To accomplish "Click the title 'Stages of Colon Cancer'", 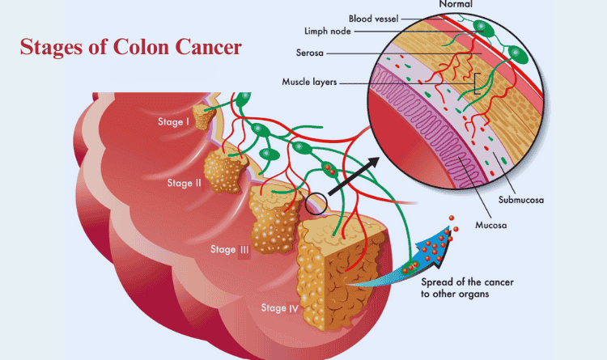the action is (131, 47).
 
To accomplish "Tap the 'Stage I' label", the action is (173, 121).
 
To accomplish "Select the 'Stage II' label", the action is (185, 183).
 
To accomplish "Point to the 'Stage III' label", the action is (230, 249).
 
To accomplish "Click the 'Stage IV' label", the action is (279, 307).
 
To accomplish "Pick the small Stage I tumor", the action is (203, 117).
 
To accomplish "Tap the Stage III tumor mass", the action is (274, 220).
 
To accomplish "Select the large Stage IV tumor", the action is (340, 271).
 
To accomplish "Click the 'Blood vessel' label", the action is (374, 19).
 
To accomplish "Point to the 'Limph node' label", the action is (328, 31).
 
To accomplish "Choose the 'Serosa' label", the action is (310, 53).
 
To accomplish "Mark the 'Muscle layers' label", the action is (309, 82).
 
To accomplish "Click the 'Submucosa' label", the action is (521, 200).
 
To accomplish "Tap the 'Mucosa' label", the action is (491, 225).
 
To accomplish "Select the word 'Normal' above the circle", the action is (456, 4).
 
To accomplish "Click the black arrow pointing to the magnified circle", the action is (354, 176).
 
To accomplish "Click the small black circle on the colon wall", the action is (316, 203).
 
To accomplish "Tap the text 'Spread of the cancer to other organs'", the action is (467, 288).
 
